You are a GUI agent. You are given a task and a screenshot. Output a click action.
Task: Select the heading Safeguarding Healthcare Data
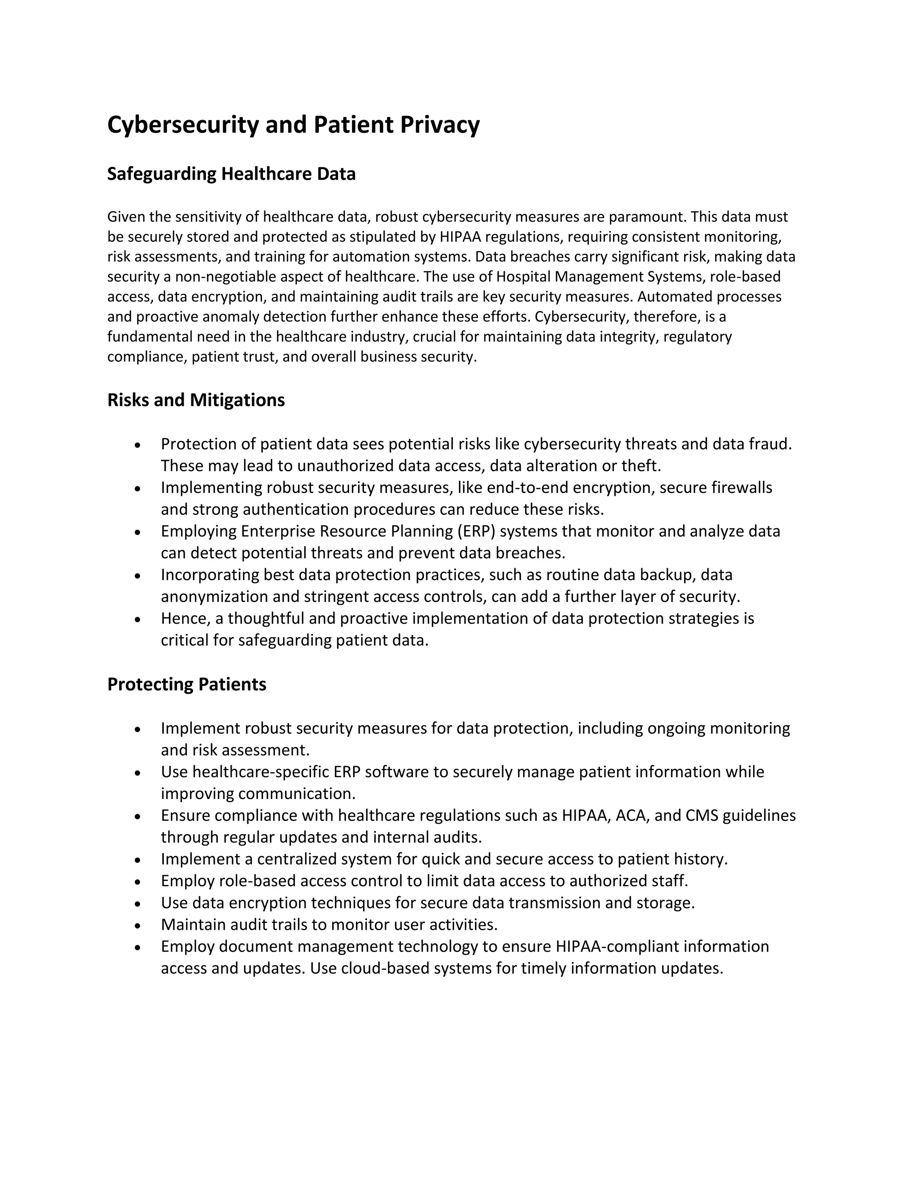(231, 174)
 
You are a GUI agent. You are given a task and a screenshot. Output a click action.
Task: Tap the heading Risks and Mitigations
(196, 400)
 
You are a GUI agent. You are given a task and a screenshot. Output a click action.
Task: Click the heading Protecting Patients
(187, 685)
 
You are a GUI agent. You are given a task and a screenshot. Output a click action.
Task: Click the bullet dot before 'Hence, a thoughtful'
(138, 620)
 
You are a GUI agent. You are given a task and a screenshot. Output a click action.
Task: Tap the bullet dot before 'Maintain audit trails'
(138, 926)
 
